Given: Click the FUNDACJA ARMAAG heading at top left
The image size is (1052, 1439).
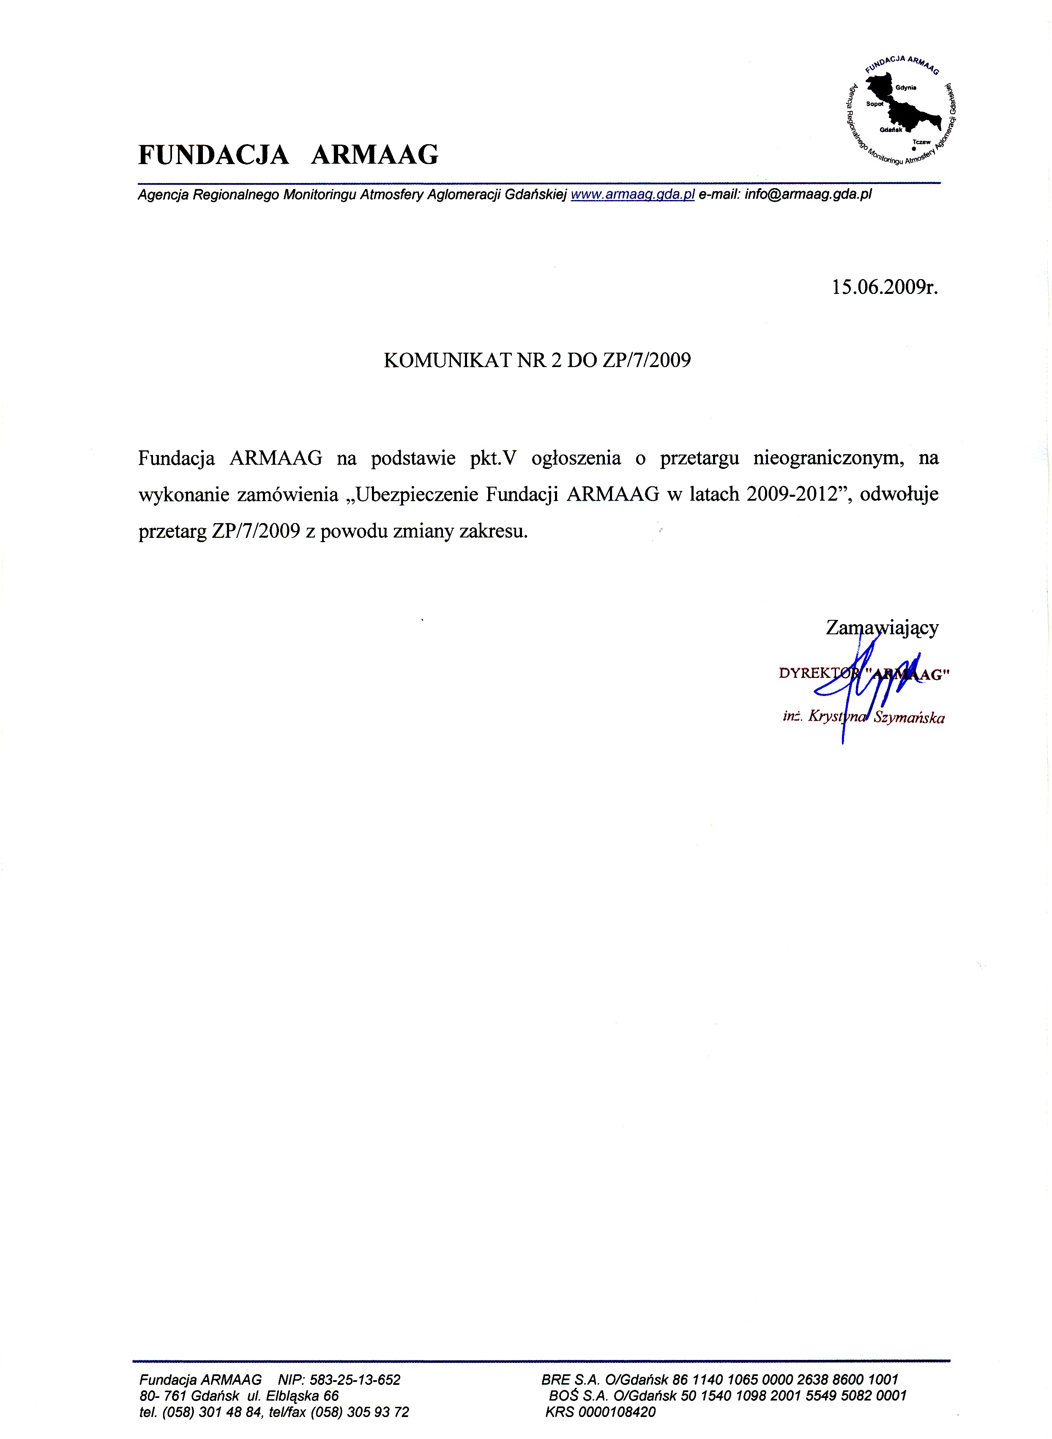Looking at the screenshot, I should pos(288,155).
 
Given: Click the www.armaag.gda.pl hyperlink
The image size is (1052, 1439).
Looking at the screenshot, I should pos(632,195).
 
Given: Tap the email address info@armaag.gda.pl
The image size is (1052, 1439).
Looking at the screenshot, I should pos(807,195).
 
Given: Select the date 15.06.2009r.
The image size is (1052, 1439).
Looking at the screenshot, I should pos(885,288).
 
